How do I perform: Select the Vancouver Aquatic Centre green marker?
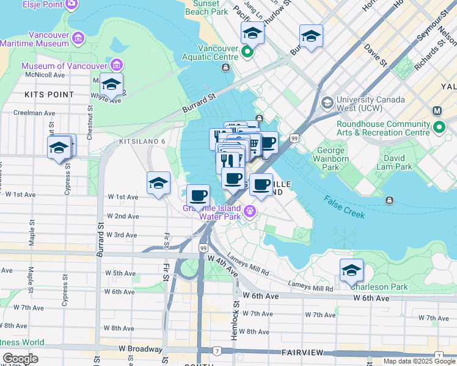click(x=247, y=52)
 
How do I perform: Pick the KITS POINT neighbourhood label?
click(x=49, y=95)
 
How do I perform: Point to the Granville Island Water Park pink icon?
click(x=250, y=212)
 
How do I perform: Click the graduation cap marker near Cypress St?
click(x=59, y=148)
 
